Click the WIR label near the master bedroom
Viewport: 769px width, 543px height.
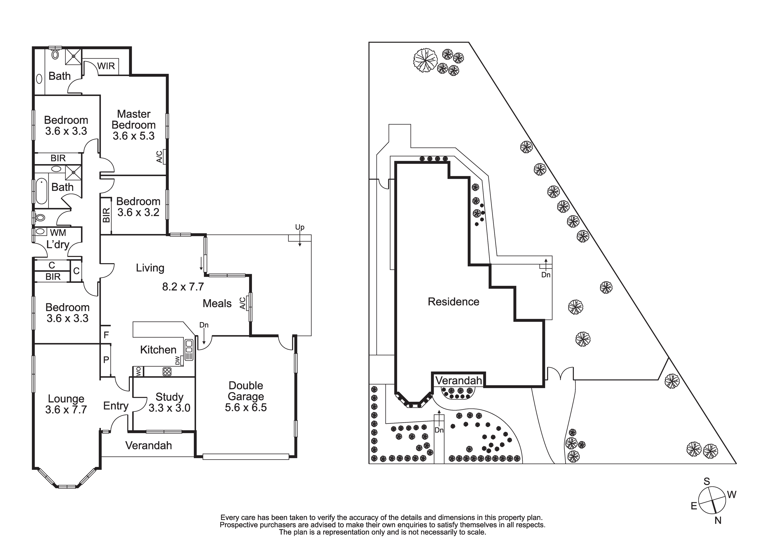(x=106, y=66)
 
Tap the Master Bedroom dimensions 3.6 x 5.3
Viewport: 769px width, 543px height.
(x=134, y=136)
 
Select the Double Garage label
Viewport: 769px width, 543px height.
(x=246, y=391)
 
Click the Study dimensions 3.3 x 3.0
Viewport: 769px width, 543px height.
(x=170, y=408)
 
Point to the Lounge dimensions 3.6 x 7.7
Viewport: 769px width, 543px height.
(x=66, y=410)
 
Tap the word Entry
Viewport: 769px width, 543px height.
(x=116, y=406)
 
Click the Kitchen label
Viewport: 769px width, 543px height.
(x=158, y=350)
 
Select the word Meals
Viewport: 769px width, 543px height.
(x=217, y=304)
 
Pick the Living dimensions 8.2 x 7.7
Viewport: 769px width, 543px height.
(x=183, y=287)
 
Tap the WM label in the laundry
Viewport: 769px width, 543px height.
(x=58, y=233)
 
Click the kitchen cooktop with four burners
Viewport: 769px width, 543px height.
(x=167, y=372)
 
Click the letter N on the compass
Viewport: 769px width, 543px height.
(x=718, y=521)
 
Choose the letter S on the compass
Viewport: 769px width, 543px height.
(x=707, y=482)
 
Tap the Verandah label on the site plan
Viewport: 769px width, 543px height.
(x=459, y=381)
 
